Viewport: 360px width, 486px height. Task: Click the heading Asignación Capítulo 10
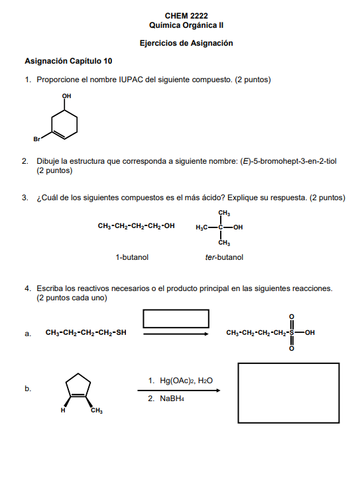pyautogui.click(x=68, y=61)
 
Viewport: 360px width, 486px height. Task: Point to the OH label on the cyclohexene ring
pyautogui.click(x=66, y=97)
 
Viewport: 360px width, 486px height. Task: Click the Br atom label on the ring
pyautogui.click(x=37, y=139)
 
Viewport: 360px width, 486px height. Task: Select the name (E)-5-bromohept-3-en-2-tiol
pyautogui.click(x=288, y=161)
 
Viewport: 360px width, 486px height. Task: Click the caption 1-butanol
pyautogui.click(x=132, y=257)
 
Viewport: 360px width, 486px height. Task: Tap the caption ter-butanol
pyautogui.click(x=224, y=257)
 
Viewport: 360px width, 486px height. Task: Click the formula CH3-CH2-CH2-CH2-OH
pyautogui.click(x=136, y=226)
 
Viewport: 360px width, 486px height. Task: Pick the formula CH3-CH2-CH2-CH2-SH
pyautogui.click(x=86, y=333)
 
